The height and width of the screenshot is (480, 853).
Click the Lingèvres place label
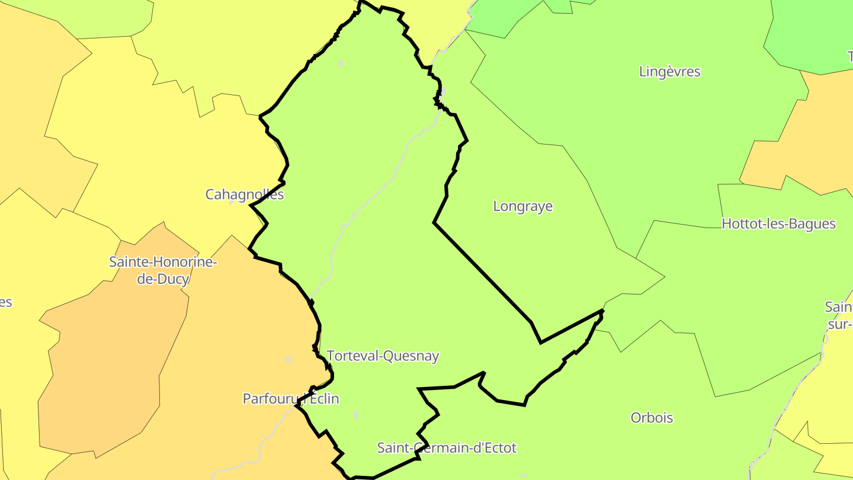(669, 72)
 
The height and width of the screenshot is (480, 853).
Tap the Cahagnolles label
(244, 194)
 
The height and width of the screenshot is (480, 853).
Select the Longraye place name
(522, 206)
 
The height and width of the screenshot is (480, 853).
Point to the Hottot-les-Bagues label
(778, 224)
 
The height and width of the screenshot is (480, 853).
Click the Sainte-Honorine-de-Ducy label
(163, 270)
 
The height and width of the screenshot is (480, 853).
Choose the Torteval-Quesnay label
(383, 356)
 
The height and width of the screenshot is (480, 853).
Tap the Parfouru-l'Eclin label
(291, 399)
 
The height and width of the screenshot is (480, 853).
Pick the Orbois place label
(652, 418)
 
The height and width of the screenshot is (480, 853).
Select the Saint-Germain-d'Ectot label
(447, 448)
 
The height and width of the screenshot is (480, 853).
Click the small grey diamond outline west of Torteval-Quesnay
(289, 360)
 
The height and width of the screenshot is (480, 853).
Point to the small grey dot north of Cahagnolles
(341, 63)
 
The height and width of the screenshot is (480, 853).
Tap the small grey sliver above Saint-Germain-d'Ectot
(355, 414)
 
